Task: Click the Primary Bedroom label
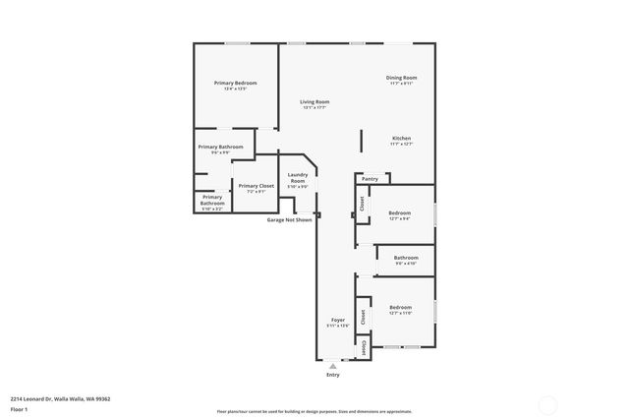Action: coord(235,84)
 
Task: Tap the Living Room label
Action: coord(314,102)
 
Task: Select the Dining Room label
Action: coord(402,78)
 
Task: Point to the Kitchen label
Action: coord(402,139)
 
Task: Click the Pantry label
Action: coord(370,179)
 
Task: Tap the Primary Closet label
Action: coord(256,186)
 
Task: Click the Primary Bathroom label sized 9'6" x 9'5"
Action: coord(224,147)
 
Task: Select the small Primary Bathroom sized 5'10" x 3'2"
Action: coord(212,201)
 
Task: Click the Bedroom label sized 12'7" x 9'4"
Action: coord(400,213)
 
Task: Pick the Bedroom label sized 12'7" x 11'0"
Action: coord(400,308)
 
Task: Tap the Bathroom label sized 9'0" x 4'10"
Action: coord(406,259)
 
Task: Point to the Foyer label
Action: coord(338,321)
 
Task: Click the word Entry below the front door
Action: coord(333,375)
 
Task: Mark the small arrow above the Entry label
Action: coord(333,365)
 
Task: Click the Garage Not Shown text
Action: coord(289,219)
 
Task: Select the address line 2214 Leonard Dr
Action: coord(60,398)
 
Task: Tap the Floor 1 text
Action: coord(19,408)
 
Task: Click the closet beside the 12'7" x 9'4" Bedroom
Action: coord(362,204)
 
